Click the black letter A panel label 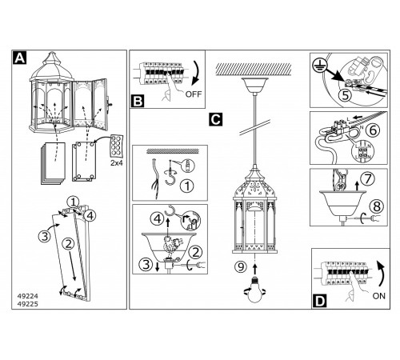coord(19,58)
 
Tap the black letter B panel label coord(138,102)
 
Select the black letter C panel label coord(216,119)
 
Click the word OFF coord(194,94)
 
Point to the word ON coord(379,296)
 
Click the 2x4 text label coord(117,163)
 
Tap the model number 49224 coord(28,296)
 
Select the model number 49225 coord(28,304)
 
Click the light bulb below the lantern coord(255,290)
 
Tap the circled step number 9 coord(241,266)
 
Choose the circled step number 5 coord(346,95)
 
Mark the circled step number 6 coord(373,130)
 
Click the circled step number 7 coord(368,178)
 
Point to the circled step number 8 coord(377,206)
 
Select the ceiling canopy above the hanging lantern coord(255,85)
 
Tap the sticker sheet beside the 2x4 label coord(117,146)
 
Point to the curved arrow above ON coord(382,274)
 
